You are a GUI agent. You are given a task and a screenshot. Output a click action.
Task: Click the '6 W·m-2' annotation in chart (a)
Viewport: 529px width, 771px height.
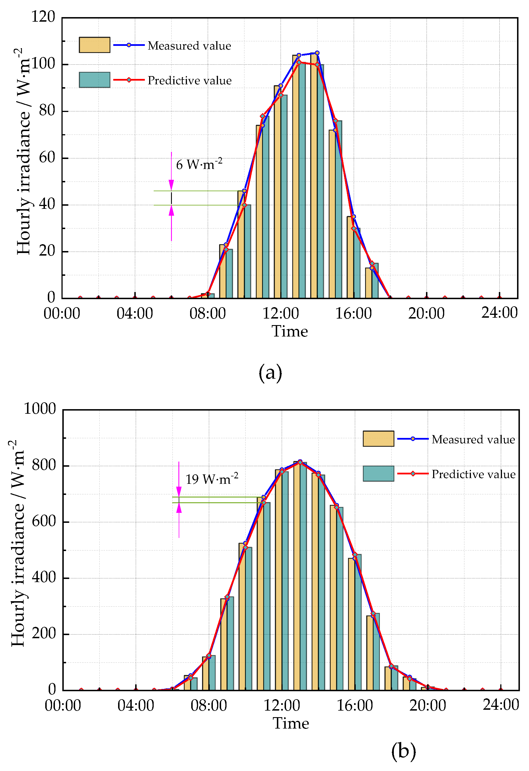199,164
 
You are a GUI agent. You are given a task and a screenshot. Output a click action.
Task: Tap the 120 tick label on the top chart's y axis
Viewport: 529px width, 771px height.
43,17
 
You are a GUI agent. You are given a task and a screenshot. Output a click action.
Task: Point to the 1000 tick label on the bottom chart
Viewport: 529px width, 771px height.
40,409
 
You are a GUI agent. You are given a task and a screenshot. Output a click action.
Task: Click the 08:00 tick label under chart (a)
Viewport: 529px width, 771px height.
207,313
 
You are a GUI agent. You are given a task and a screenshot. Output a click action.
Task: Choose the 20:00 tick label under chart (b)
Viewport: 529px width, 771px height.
428,706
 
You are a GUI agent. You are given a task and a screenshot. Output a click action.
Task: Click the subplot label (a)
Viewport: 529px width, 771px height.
270,372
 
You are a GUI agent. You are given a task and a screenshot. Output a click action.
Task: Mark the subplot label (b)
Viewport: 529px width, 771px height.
404,750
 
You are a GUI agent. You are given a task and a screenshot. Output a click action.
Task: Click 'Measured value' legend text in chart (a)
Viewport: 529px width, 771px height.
189,46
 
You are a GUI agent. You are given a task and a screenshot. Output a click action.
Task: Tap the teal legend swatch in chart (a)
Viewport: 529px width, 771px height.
94,80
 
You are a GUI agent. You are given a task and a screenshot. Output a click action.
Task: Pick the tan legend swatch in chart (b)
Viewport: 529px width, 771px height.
378,439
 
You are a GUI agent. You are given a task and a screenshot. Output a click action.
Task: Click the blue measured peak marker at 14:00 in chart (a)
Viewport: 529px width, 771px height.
317,53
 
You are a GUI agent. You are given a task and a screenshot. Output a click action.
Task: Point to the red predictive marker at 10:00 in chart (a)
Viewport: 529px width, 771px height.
244,205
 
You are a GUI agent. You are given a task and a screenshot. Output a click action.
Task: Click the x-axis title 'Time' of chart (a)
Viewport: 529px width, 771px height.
290,331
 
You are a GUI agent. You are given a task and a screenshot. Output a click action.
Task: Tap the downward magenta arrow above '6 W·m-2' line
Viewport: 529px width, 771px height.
171,185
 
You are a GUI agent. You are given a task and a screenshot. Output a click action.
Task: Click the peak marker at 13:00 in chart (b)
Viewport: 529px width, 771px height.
300,462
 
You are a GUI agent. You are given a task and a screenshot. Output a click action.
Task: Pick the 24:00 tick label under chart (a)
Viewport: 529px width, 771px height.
499,313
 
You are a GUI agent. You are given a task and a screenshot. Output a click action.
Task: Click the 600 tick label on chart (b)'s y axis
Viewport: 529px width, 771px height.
44,521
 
